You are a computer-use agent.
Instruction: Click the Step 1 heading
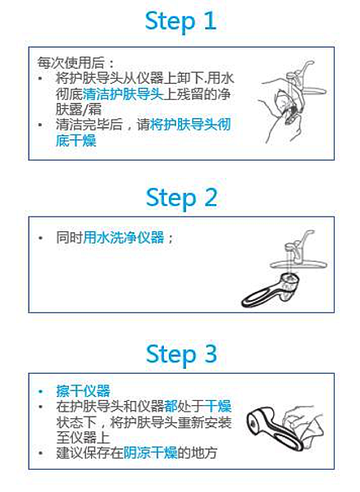point(180,21)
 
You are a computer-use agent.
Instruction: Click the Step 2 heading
point(181,198)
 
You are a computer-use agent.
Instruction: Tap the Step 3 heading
point(181,354)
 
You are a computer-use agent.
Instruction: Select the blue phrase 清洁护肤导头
point(123,93)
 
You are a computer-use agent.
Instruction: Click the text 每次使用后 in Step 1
point(71,62)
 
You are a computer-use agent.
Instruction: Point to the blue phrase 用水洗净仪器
point(124,237)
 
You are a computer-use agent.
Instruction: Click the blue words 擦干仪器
point(83,391)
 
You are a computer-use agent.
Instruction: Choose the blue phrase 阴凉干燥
point(150,453)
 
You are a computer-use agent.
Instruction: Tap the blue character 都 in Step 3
point(171,407)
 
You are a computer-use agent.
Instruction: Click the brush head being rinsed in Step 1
point(292,115)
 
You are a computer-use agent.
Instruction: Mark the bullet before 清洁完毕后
point(40,125)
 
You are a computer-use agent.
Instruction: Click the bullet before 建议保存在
point(40,453)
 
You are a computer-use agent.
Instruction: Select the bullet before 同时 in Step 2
point(40,238)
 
